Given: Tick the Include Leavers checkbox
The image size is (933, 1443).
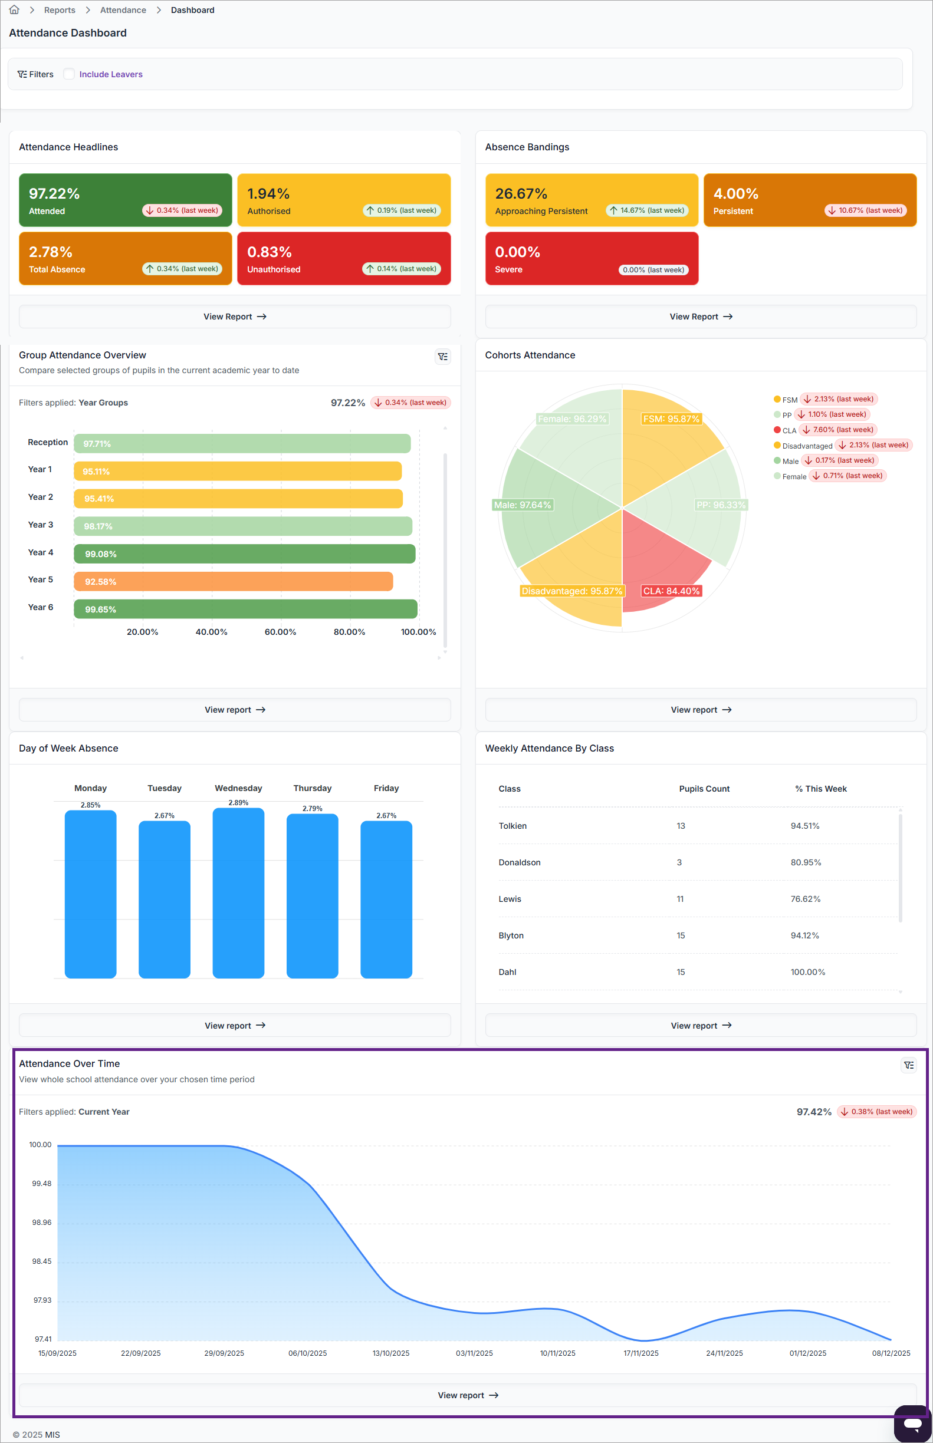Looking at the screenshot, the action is [69, 74].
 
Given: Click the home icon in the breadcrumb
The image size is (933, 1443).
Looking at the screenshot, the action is [14, 9].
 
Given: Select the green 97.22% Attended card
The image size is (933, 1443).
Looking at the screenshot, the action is [126, 200].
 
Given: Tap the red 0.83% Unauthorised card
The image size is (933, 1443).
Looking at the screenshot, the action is [343, 259].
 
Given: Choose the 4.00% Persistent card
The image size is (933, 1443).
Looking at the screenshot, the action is [809, 200].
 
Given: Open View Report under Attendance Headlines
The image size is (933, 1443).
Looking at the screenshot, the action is [235, 317].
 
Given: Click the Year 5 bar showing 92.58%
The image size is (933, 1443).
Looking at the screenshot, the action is [234, 581].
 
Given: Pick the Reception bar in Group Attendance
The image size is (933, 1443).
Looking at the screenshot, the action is [242, 443].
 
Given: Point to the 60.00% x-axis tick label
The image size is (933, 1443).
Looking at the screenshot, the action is [281, 631].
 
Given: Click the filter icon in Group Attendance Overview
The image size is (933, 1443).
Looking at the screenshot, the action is [443, 357].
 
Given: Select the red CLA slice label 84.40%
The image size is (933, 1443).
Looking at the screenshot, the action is [671, 591].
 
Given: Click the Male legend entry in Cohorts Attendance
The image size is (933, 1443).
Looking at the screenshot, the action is [786, 461].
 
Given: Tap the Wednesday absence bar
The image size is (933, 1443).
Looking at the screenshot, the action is [239, 892].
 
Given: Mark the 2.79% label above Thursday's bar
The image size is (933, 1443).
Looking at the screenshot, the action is [313, 808].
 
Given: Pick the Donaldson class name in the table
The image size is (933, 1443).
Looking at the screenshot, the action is [519, 862].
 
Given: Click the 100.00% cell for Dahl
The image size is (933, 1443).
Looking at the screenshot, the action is [807, 972].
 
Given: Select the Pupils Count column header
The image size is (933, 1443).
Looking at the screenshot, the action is [704, 789].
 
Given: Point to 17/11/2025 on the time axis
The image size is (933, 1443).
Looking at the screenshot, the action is [641, 1353].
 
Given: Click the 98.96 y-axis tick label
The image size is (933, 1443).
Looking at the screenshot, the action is [42, 1222].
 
